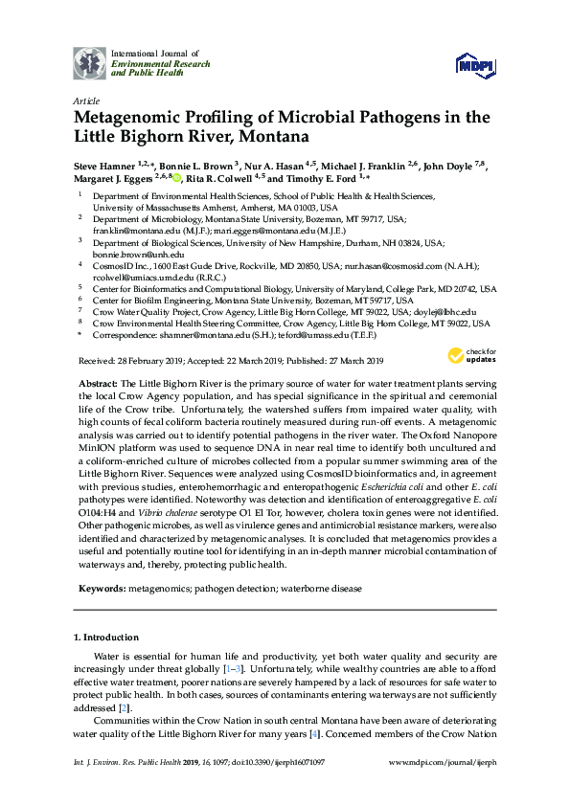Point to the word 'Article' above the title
click(x=86, y=100)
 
